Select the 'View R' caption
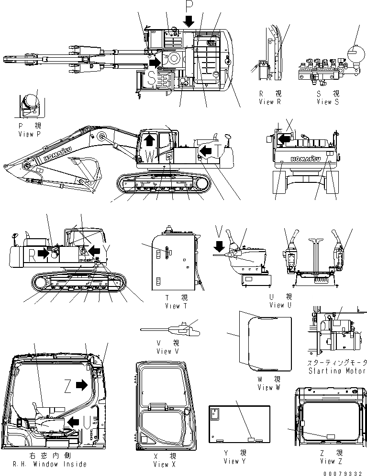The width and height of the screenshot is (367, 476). pos(271,102)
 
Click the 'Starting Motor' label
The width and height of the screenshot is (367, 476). pos(337,370)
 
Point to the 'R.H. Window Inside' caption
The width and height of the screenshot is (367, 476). pos(44,464)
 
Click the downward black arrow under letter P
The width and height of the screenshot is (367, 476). pos(189,20)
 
